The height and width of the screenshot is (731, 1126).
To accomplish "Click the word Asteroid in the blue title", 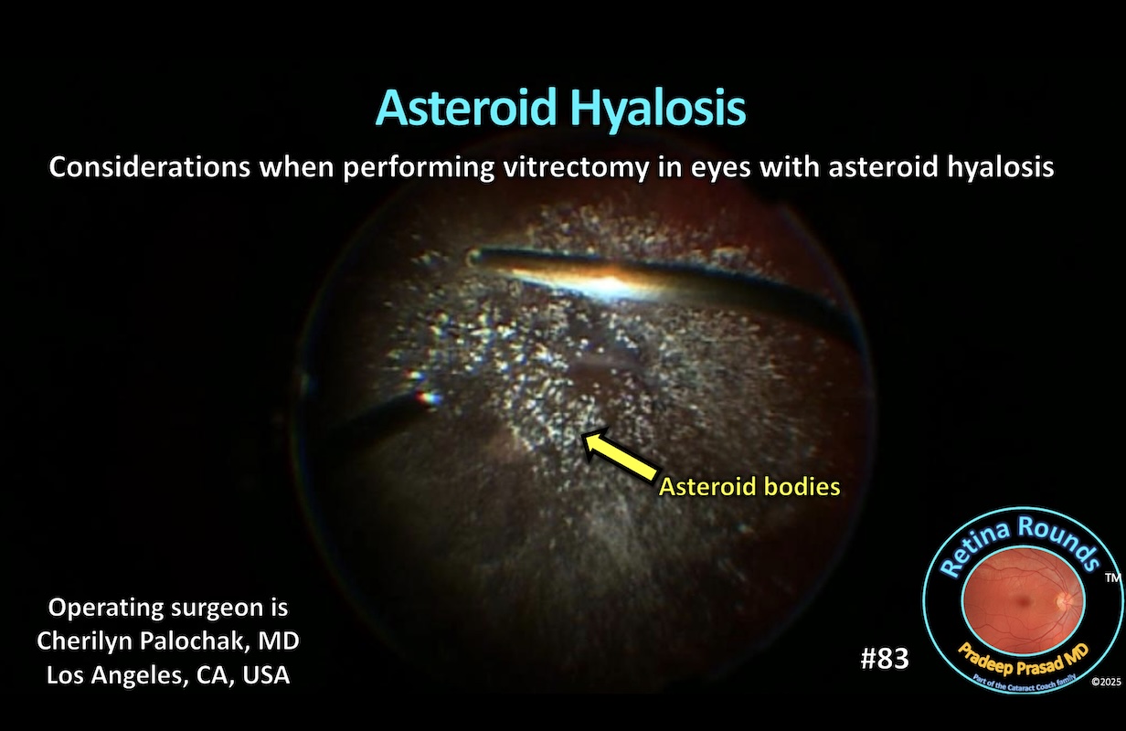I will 467,109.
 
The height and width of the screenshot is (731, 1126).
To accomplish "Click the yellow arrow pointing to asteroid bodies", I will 619,454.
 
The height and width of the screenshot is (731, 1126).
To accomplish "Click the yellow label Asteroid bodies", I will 749,487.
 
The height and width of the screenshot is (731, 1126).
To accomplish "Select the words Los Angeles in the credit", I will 102,674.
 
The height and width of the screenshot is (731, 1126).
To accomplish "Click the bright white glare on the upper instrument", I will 585,280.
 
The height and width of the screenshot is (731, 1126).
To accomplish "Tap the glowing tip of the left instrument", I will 428,397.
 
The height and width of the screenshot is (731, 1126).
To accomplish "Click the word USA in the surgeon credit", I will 266,674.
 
